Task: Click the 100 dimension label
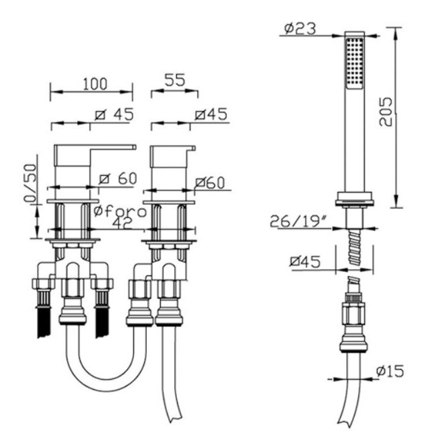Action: coord(95,83)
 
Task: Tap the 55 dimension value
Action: coord(175,80)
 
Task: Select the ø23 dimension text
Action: coord(300,28)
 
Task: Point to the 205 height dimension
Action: coord(386,112)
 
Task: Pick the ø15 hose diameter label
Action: coord(390,371)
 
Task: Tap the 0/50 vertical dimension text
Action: coord(31,183)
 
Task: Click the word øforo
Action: coord(121,211)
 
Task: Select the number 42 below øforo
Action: coord(123,223)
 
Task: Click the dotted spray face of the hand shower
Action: coord(354,63)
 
